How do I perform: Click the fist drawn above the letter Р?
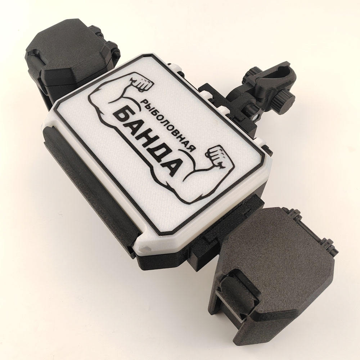click(x=144, y=84)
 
